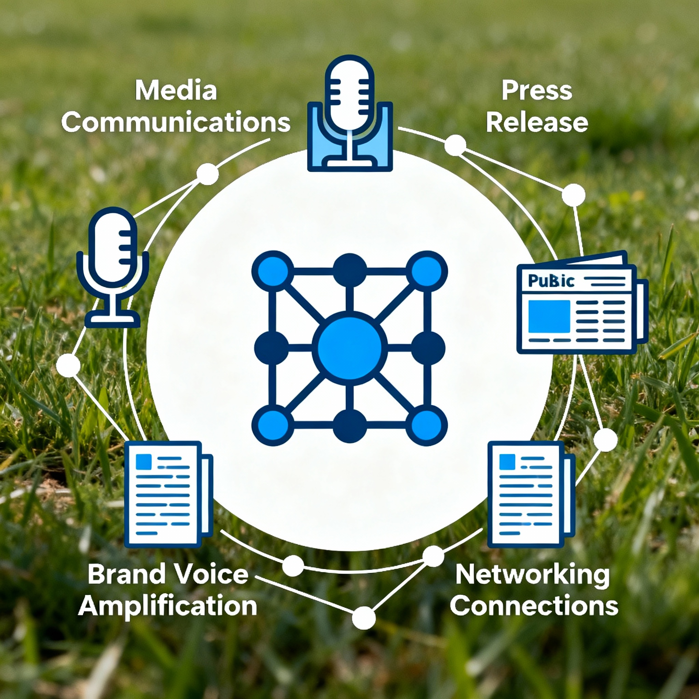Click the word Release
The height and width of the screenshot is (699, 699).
[x=537, y=122]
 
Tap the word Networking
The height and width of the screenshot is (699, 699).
[x=532, y=574]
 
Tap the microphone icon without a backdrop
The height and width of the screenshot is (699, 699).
[x=113, y=268]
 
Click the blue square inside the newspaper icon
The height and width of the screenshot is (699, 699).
[x=549, y=317]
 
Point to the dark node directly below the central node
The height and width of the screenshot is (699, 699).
[x=349, y=426]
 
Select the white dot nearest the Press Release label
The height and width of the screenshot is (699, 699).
[x=455, y=145]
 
